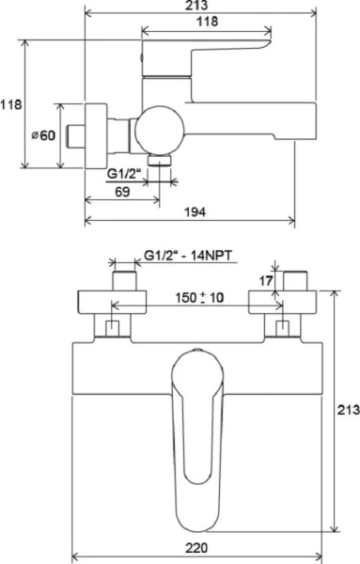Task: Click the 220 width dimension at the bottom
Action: click(x=196, y=548)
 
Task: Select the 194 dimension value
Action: click(x=195, y=211)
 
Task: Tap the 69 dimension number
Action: click(x=122, y=192)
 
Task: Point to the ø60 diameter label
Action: click(x=43, y=135)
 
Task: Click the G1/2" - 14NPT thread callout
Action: click(x=188, y=256)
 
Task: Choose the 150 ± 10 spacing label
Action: click(x=199, y=297)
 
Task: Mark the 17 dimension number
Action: click(x=266, y=280)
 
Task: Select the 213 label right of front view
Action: click(x=348, y=409)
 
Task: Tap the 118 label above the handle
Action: click(x=207, y=22)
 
